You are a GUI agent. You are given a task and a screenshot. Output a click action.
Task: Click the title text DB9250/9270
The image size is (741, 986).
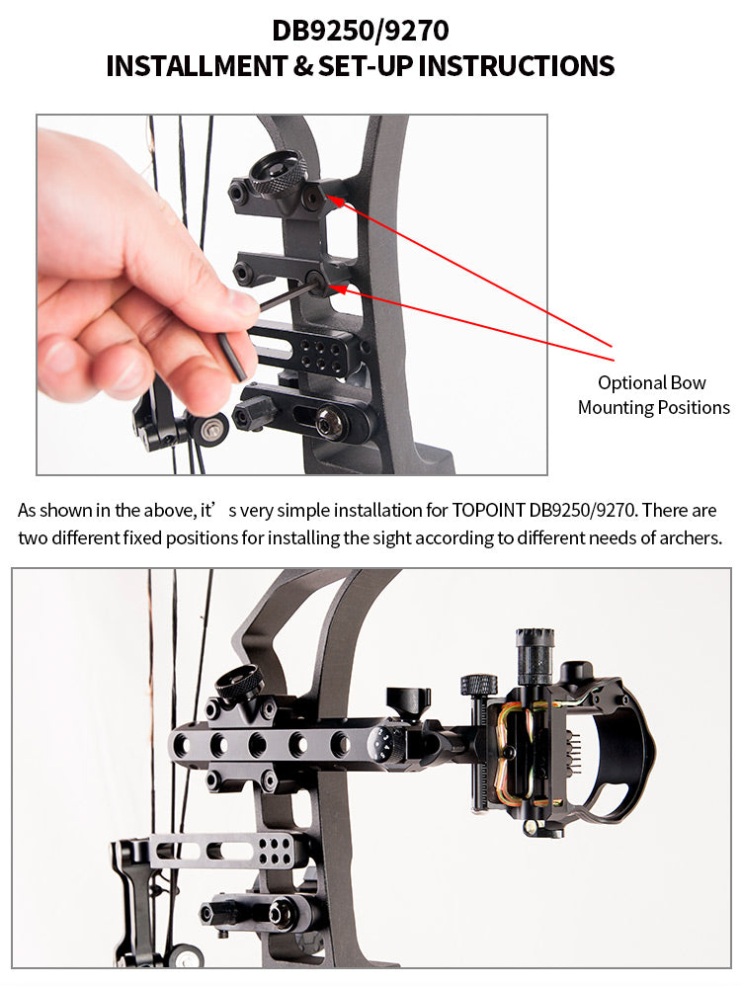[x=361, y=31]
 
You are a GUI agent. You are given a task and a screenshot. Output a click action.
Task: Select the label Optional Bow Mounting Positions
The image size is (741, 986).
[x=653, y=395]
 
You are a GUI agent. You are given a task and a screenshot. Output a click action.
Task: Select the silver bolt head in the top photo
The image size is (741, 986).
[x=325, y=428]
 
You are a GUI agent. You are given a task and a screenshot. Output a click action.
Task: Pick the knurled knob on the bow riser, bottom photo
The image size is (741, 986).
[x=240, y=682]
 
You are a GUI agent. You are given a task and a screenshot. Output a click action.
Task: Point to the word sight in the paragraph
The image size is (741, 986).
[x=374, y=538]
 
